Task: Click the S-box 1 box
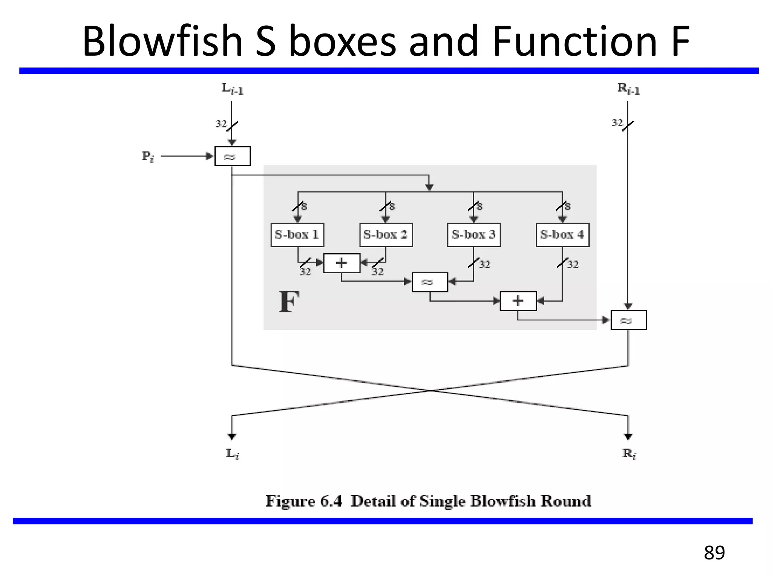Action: pos(297,235)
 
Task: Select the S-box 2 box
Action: pos(386,235)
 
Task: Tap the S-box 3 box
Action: pos(474,235)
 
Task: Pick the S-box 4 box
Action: pos(562,235)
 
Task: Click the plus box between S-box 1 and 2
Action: pos(342,263)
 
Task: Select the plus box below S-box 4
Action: pos(518,301)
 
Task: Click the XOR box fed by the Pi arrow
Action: pos(232,156)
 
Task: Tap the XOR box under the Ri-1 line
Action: pos(628,320)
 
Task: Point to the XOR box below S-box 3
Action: pos(430,282)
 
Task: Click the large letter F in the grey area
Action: pos(289,302)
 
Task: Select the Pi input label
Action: pos(148,156)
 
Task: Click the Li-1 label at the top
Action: pos(232,89)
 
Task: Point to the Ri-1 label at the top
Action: pos(628,89)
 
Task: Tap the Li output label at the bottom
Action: pos(233,453)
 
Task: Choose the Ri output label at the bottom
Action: pos(629,453)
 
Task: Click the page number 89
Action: pos(714,553)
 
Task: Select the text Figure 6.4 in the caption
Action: pos(303,501)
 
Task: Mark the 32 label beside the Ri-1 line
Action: pos(617,123)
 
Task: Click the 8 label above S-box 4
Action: pos(567,206)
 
